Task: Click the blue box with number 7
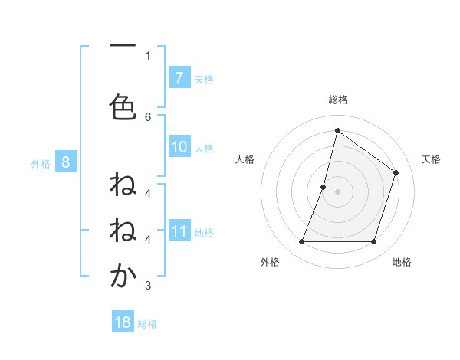[x=179, y=78]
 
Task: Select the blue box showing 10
[x=179, y=148]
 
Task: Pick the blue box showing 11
[x=179, y=231]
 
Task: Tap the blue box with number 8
[x=66, y=162]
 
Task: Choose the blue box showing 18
[x=123, y=322]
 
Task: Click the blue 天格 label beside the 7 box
[x=204, y=79]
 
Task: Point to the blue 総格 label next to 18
[x=147, y=323]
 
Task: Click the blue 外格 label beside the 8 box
[x=41, y=162]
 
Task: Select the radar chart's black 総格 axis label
[x=338, y=100]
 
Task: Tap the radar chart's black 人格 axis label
[x=245, y=159]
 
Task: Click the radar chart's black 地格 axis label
[x=402, y=262]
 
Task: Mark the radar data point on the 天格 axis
[x=396, y=172]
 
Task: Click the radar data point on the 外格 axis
[x=301, y=242]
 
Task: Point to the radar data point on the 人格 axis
[x=324, y=187]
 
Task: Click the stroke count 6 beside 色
[x=148, y=116]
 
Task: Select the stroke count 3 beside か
[x=148, y=286]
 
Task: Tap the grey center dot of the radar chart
[x=337, y=191]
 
